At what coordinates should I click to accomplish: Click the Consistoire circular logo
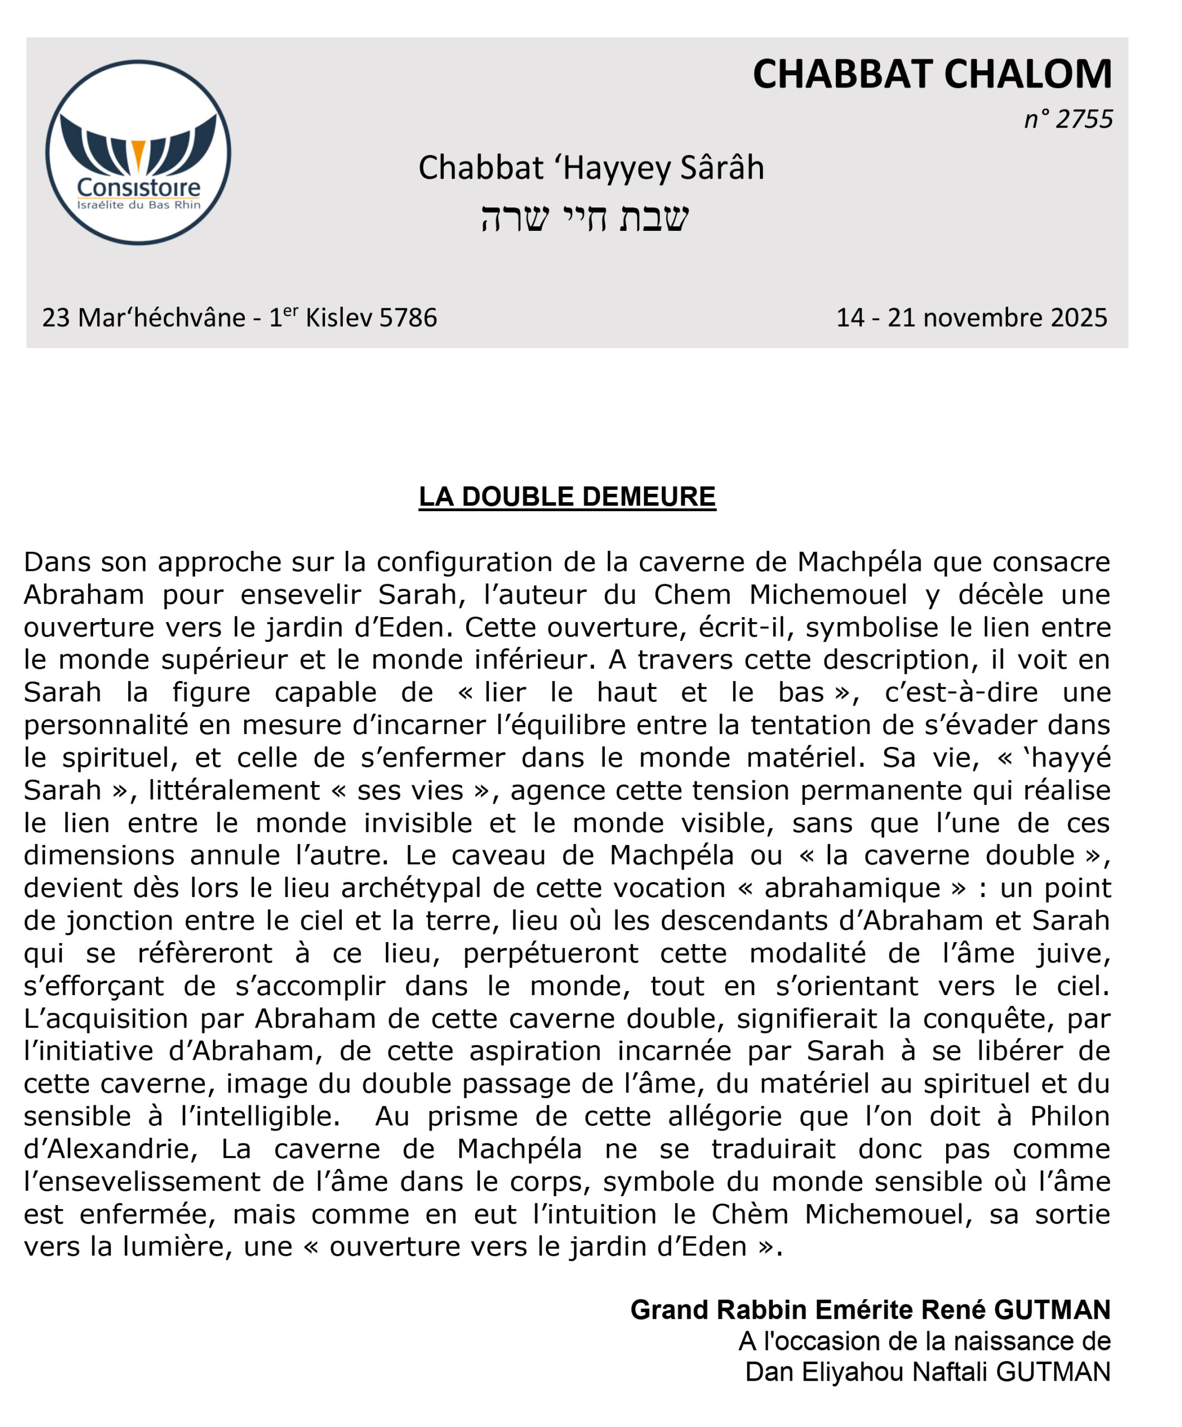click(x=138, y=152)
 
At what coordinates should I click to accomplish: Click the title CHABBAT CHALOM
click(x=931, y=74)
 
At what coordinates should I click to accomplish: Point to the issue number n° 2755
click(x=1068, y=119)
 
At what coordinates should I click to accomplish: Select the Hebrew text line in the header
click(x=584, y=217)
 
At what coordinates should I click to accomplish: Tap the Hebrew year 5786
click(x=408, y=317)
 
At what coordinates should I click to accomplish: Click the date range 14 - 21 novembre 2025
click(x=971, y=317)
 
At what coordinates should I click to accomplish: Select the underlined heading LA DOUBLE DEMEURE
click(x=567, y=497)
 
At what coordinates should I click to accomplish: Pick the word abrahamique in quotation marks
click(x=852, y=888)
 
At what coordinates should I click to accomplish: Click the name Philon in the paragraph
click(x=1069, y=1117)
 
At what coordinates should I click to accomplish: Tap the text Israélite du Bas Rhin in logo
click(x=139, y=205)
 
